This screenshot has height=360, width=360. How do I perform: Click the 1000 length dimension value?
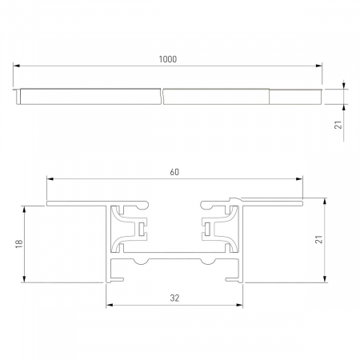click(x=168, y=59)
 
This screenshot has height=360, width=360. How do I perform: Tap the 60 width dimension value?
click(x=174, y=171)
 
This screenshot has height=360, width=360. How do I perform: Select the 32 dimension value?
click(x=174, y=298)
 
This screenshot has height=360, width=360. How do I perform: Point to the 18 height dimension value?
click(x=18, y=243)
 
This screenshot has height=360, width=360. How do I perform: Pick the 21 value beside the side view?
click(x=338, y=125)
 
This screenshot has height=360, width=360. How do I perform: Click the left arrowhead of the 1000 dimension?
click(x=17, y=66)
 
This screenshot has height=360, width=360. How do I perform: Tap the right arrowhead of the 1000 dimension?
click(x=319, y=66)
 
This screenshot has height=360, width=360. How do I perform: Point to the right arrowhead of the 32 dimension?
click(x=239, y=304)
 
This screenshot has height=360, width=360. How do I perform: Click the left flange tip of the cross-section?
click(x=48, y=204)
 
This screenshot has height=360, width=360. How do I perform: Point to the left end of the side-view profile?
click(x=18, y=96)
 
